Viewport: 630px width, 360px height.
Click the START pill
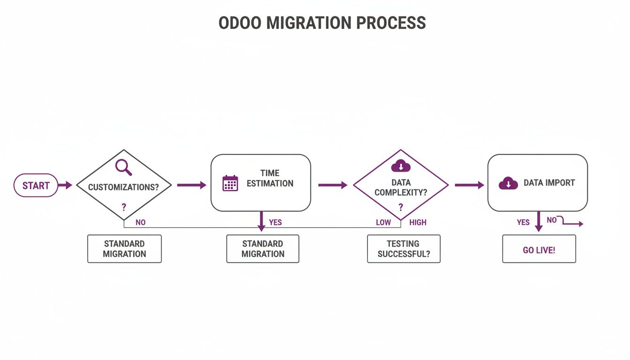pos(36,185)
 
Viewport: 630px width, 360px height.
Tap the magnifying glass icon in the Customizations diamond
pos(123,167)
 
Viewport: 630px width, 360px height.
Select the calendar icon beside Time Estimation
pos(230,183)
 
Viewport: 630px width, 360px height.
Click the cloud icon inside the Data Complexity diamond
pos(400,165)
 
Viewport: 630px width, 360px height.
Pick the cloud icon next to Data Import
pos(508,183)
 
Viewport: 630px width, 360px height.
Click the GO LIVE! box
pos(539,249)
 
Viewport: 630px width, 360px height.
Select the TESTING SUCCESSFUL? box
pos(404,249)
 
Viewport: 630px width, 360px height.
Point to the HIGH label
pos(418,222)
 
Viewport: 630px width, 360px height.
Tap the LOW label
pos(383,222)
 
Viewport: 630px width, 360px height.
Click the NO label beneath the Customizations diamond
pos(140,222)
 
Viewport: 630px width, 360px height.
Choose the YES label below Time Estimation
pos(275,222)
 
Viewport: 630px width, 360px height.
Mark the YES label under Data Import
pos(523,222)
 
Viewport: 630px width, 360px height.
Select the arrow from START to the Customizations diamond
pos(65,185)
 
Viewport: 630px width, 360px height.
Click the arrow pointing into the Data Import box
pos(469,185)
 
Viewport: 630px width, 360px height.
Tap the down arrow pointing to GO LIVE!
pos(539,222)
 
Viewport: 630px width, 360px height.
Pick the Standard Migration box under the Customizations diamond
pos(124,249)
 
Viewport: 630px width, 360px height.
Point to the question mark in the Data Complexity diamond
pos(400,207)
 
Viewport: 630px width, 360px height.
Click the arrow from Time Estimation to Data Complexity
pos(332,185)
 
